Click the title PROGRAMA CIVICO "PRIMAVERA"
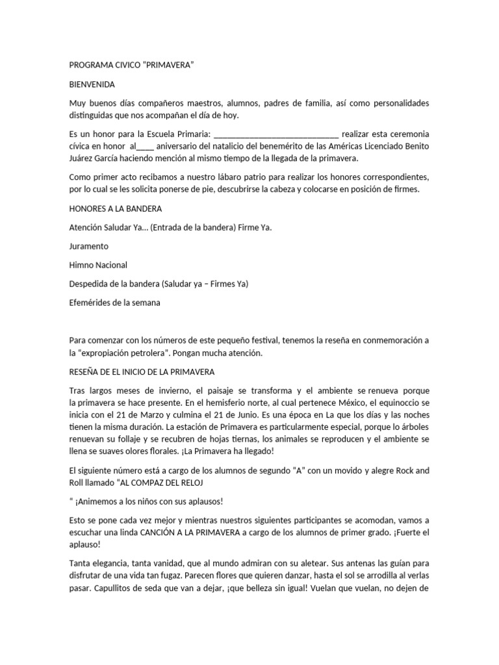(132, 66)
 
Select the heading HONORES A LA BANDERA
(116, 208)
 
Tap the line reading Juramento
(89, 246)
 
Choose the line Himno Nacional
(98, 265)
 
